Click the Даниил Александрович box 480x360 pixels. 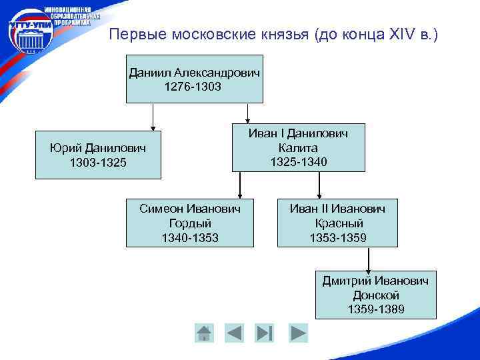click(194, 79)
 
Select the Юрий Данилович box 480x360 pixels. click(98, 155)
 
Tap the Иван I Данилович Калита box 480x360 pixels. click(298, 147)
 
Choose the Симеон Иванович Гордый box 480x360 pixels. click(190, 223)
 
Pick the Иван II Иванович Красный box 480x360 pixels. click(337, 223)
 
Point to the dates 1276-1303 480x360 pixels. click(194, 87)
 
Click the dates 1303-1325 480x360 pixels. click(98, 163)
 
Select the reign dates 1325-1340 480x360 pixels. click(298, 162)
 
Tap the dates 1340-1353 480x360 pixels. click(190, 237)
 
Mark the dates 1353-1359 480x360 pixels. click(337, 237)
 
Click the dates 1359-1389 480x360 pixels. click(375, 309)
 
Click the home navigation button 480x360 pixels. click(204, 332)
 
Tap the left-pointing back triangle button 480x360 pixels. click(234, 332)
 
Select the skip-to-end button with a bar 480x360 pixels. click(265, 332)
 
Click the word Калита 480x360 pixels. click(298, 147)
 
